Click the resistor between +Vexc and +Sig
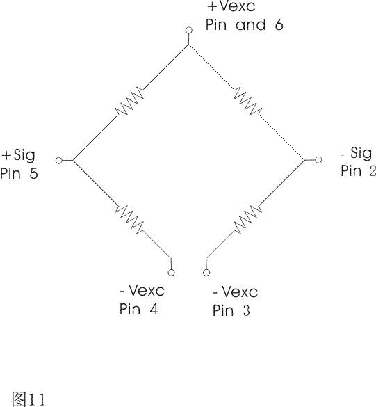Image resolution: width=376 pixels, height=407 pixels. (129, 102)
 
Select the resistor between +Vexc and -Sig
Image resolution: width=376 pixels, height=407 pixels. (247, 101)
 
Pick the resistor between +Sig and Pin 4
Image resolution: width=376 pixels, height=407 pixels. (129, 219)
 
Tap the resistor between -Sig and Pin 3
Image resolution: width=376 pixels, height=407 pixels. (247, 219)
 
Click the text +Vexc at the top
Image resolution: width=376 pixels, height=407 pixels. (231, 6)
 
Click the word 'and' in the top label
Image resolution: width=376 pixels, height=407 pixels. (251, 25)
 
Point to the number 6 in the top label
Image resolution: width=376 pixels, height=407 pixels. (279, 24)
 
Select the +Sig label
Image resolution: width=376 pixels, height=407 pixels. (18, 155)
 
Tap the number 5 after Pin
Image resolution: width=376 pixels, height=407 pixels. (34, 173)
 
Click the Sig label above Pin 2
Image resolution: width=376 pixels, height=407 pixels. (361, 153)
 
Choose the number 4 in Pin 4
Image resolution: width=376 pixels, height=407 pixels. (154, 309)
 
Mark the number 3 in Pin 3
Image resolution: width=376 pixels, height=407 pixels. (247, 310)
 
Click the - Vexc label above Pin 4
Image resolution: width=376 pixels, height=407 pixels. (142, 290)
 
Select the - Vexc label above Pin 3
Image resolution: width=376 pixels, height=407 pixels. (236, 292)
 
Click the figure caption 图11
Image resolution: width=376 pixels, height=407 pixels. (28, 399)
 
